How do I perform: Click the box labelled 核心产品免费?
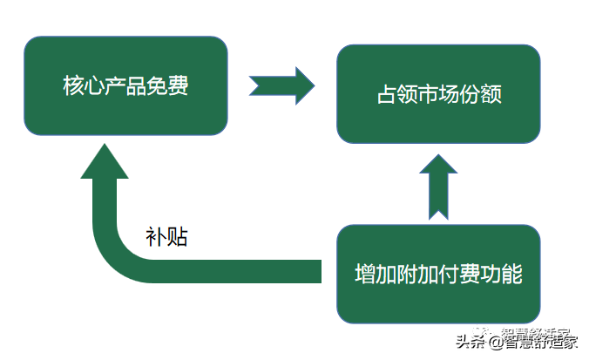coord(125,86)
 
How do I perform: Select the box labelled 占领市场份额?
coord(438,93)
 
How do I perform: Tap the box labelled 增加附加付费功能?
coord(438,274)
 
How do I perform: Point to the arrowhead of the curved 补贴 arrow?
coord(105,166)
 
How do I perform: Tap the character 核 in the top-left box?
coord(74,87)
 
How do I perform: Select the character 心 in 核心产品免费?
coord(95,87)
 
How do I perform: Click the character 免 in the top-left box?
coord(158,87)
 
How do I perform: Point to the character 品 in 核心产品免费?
coord(137,87)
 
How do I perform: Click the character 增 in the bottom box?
coord(366,274)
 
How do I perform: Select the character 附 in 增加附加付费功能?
coord(408,274)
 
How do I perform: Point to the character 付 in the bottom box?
coord(450,274)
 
